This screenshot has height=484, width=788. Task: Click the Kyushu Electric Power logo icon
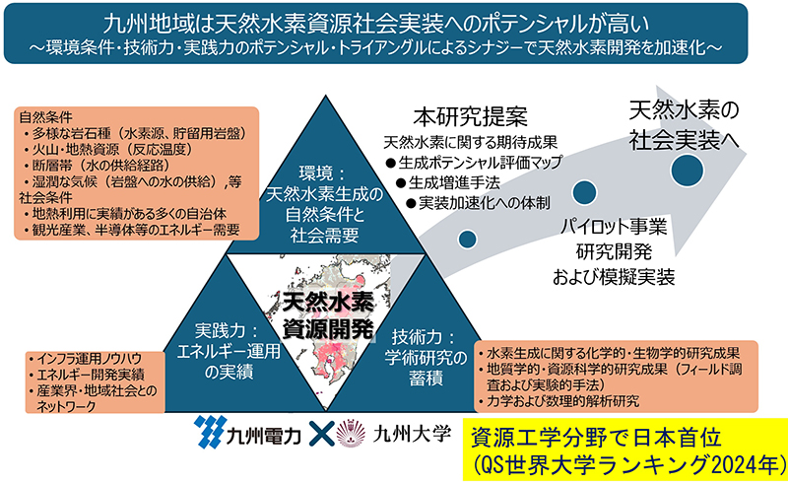[209, 432]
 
